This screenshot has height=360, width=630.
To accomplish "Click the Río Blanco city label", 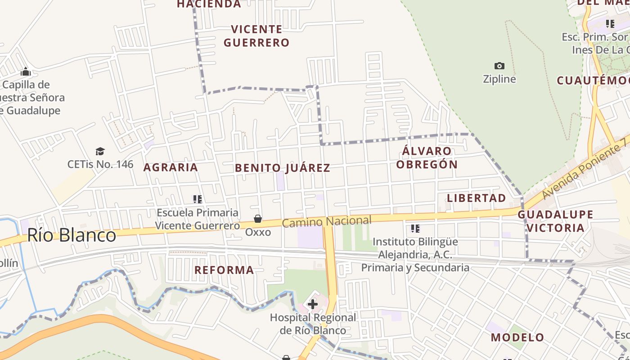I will point(72,235).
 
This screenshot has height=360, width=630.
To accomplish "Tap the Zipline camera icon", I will point(499,66).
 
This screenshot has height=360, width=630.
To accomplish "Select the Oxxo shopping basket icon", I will point(258,219).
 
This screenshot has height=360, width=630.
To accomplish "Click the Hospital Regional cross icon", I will point(313,304).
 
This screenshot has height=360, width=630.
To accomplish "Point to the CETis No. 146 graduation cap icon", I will point(100,151).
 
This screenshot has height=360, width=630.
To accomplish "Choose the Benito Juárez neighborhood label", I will point(283,168).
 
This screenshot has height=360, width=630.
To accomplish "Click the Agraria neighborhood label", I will point(171,167).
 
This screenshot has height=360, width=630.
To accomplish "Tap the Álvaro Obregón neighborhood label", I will point(427,157).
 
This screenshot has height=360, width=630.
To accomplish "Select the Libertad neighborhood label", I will point(477,198).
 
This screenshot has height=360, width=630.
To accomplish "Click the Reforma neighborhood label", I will point(224,270).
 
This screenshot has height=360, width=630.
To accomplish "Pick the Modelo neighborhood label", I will point(517,337).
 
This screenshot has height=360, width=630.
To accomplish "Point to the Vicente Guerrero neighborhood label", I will point(256,36).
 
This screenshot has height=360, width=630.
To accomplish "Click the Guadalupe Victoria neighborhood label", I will point(555,221).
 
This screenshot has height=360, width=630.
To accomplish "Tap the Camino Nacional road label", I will point(327,221).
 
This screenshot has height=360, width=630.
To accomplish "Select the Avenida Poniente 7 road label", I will point(585,169).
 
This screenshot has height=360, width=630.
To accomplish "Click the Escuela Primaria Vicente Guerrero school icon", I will point(197,199).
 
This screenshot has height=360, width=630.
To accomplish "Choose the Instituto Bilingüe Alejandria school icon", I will point(415,229).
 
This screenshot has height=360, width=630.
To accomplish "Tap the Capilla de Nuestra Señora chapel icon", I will point(26,72).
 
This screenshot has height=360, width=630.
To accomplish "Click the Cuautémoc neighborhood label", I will point(593,81).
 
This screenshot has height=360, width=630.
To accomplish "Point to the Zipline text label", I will point(499,79).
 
